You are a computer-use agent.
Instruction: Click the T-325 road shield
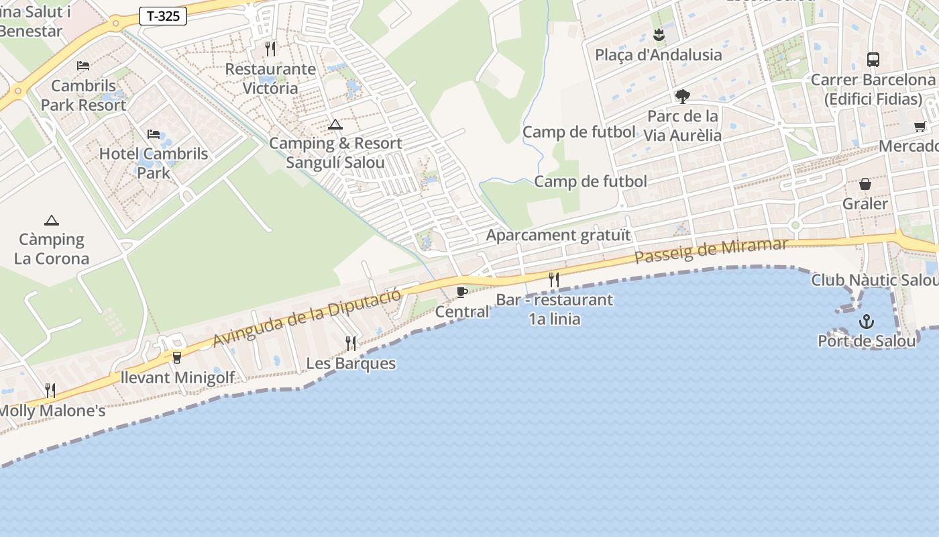163,16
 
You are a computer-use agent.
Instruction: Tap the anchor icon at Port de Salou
867,322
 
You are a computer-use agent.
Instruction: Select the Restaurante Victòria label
270,79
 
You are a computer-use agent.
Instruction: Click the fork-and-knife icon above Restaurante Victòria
270,48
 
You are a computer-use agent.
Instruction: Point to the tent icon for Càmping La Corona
52,220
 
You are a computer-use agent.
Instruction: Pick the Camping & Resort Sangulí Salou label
335,153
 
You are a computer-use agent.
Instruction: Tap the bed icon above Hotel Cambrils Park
154,134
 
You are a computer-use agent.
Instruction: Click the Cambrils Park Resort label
83,95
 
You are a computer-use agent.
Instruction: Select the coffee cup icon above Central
461,292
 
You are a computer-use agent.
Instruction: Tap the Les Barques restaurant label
351,364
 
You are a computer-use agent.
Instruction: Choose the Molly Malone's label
52,411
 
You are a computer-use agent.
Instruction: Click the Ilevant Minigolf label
177,377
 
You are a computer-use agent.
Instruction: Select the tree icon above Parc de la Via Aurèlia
683,97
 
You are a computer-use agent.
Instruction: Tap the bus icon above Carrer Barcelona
873,60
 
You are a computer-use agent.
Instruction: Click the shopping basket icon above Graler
865,184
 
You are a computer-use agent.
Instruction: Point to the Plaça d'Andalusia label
658,55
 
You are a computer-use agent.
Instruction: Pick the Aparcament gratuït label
558,235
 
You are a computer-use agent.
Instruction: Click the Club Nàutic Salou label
874,280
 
